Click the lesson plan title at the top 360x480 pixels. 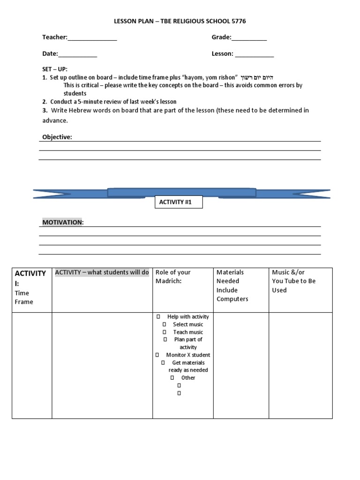point(180,22)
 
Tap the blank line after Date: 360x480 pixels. point(78,54)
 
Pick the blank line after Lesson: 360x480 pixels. point(254,54)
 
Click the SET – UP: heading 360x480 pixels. point(55,69)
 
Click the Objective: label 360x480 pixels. point(57,137)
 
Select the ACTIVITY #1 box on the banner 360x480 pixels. point(178,202)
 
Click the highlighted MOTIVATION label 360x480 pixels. point(63,222)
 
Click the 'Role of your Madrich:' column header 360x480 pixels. point(173,277)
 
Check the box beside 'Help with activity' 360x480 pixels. point(159,317)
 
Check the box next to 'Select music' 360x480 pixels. point(165,324)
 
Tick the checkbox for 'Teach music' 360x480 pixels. point(165,332)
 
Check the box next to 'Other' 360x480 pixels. point(172,378)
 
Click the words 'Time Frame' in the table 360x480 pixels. point(24,297)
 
